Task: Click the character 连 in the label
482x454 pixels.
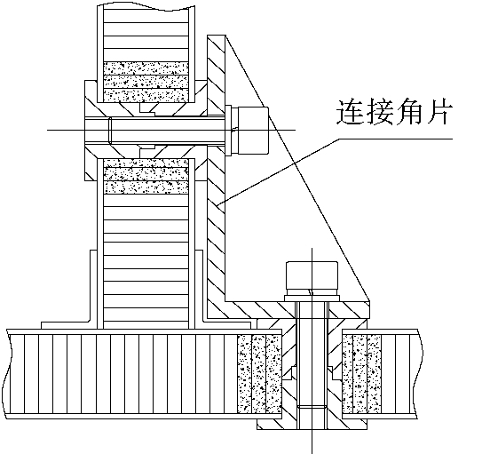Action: (x=349, y=111)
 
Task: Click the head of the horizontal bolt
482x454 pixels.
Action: (x=250, y=130)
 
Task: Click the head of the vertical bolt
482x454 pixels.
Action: (x=312, y=278)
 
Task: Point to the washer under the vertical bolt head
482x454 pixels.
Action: (x=312, y=299)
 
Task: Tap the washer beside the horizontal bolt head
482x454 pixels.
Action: (x=228, y=130)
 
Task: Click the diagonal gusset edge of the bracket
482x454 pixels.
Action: (x=297, y=168)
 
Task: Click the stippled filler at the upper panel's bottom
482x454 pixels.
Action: (x=146, y=82)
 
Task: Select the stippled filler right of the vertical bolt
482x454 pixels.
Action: (x=361, y=374)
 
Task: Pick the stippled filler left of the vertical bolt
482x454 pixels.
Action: (x=259, y=374)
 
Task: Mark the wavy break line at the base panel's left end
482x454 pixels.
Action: (x=7, y=374)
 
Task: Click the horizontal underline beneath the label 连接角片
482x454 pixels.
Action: (x=396, y=139)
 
